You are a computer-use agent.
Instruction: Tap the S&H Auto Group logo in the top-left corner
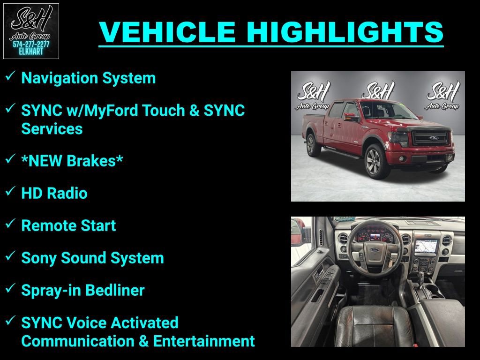[31, 31]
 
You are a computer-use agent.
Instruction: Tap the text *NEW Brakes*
[72, 161]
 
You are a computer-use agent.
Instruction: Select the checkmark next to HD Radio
[10, 191]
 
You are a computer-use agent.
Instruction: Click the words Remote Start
[68, 225]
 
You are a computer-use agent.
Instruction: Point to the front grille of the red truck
[430, 138]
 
